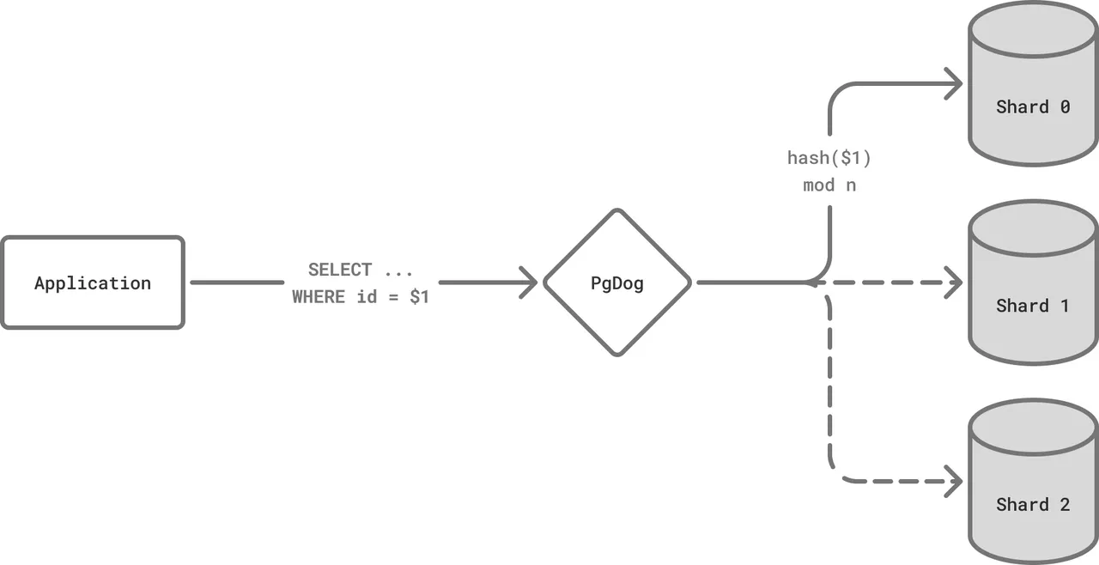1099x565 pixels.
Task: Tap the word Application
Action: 93,283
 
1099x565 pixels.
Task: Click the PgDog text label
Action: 617,283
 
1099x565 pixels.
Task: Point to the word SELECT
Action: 340,270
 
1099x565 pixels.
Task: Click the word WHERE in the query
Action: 319,297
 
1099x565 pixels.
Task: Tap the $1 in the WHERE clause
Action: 420,297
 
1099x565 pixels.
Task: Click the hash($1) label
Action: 829,158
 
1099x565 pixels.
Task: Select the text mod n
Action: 829,185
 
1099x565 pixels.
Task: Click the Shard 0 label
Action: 1033,107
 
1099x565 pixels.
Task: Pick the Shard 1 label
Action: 1032,306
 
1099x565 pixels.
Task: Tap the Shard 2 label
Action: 1033,505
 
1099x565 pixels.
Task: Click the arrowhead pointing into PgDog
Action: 529,282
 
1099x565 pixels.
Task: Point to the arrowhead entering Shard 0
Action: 953,84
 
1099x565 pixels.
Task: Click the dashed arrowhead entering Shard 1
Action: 953,282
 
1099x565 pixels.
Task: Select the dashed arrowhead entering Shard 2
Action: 953,482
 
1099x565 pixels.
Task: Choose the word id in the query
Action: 367,297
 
